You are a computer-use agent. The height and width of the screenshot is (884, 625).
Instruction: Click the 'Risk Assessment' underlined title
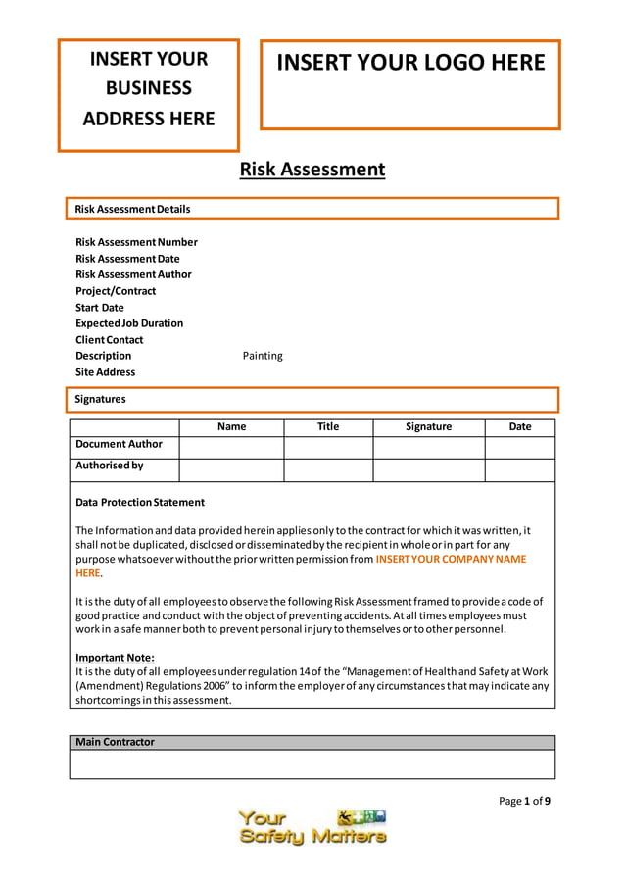click(312, 170)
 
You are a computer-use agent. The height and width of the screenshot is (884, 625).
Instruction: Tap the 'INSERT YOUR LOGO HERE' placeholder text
click(410, 63)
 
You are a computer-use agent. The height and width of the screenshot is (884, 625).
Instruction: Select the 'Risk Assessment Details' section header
click(133, 209)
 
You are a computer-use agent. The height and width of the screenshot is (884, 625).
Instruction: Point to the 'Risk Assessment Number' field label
click(136, 242)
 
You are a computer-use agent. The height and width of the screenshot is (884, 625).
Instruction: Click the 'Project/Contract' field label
click(116, 291)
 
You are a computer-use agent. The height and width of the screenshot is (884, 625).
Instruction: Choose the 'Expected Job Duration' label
click(129, 323)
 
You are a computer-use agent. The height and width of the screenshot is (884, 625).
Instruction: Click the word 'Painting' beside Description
click(263, 356)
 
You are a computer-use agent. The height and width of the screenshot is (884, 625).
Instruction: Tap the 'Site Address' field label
click(106, 372)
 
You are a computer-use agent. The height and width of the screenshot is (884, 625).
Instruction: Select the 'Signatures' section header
click(101, 399)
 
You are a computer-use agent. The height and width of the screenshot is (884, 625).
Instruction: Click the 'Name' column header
click(231, 427)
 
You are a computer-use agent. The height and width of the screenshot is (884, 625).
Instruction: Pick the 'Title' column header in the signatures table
click(328, 427)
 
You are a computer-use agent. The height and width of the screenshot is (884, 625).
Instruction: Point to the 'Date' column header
click(520, 427)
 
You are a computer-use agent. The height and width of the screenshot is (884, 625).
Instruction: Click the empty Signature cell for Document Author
click(428, 448)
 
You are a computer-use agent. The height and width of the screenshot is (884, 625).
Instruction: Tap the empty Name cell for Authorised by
click(231, 469)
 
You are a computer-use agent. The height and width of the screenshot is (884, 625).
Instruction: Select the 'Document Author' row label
click(120, 445)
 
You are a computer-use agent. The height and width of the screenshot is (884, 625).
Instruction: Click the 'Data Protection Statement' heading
click(140, 503)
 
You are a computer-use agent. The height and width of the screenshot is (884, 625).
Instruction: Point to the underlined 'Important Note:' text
click(116, 658)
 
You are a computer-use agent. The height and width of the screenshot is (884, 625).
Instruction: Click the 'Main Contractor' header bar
click(116, 742)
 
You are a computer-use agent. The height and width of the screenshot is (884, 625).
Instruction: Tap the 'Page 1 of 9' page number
click(524, 801)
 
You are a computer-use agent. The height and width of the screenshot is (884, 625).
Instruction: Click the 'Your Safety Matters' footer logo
click(312, 827)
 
